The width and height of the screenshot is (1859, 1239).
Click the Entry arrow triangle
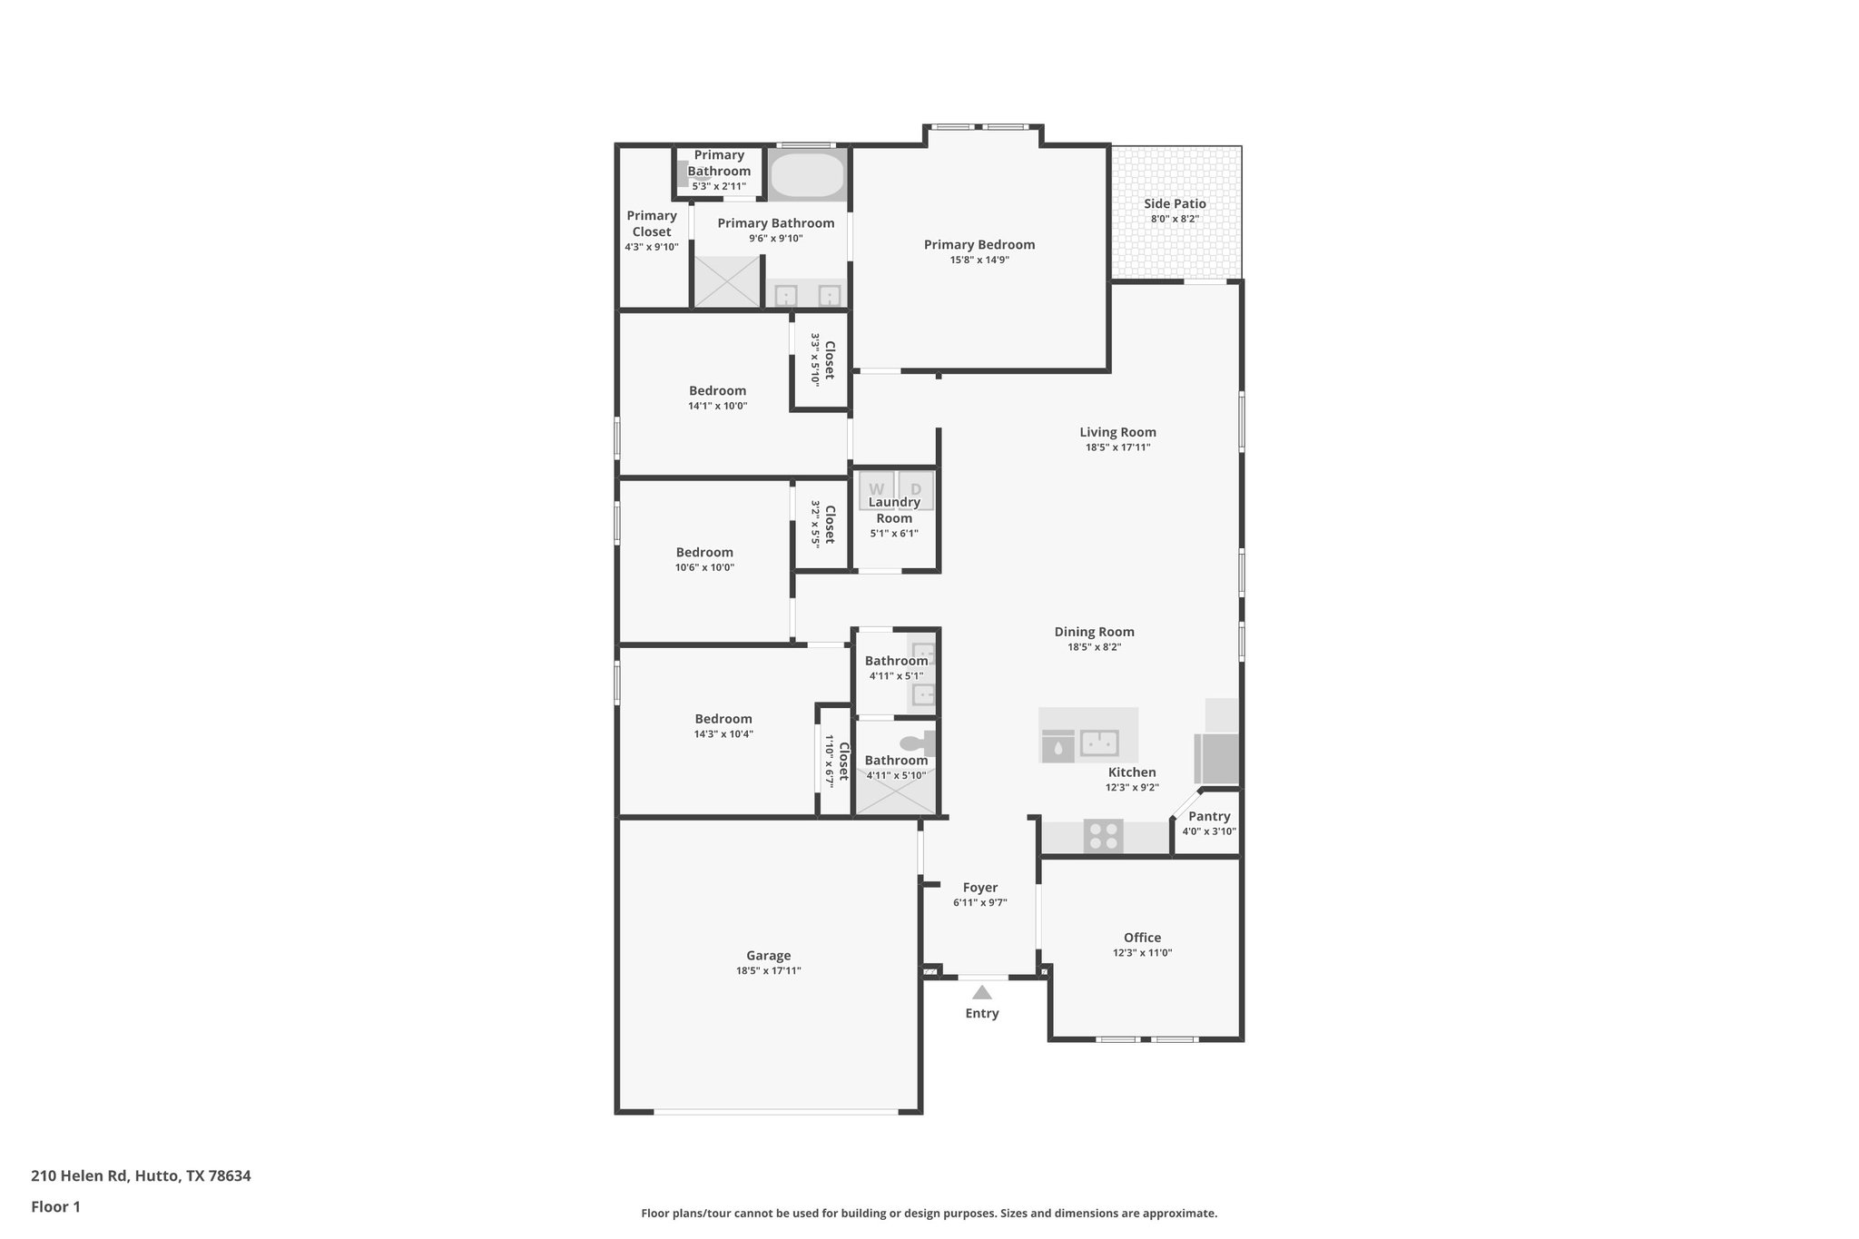point(981,992)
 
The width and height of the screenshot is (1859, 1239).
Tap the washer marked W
point(876,488)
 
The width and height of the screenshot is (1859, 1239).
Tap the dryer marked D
point(916,488)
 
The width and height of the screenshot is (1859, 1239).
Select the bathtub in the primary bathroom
point(807,175)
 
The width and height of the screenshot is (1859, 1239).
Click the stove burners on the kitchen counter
point(1103,836)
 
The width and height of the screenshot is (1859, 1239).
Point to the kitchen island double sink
point(1099,743)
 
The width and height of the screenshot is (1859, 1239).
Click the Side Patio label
point(1175,203)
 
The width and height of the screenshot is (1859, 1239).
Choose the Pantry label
point(1209,816)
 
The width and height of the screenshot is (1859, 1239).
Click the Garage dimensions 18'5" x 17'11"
point(768,970)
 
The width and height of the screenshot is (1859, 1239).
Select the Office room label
point(1142,938)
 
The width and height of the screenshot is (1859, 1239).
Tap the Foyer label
point(979,887)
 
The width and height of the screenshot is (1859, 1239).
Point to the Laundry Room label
point(894,510)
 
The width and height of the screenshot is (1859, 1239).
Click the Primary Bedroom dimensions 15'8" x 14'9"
point(979,260)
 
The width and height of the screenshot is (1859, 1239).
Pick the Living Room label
point(1117,432)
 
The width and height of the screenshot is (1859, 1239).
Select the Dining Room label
point(1094,632)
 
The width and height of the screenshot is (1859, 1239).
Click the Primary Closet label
point(651,223)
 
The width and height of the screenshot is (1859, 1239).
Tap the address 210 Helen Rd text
point(141,1175)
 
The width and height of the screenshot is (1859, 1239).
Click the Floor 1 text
point(55,1206)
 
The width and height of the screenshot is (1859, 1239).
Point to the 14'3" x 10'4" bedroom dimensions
point(723,733)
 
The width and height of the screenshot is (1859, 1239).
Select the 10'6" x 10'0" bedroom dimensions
point(704,567)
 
